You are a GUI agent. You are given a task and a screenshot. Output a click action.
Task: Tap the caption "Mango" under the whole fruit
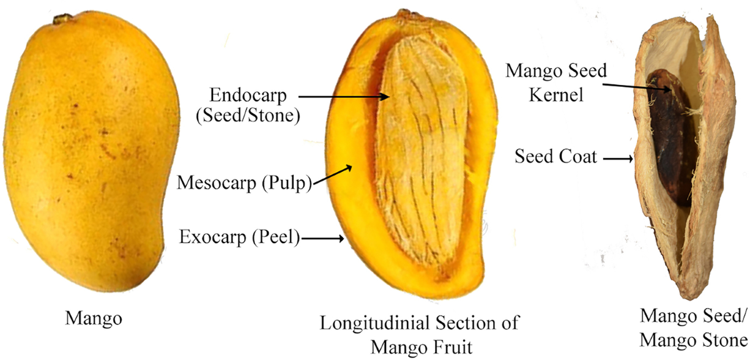pos(94,319)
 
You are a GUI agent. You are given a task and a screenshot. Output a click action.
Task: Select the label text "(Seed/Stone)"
pos(247,116)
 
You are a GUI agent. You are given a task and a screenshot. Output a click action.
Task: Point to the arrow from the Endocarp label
pos(344,96)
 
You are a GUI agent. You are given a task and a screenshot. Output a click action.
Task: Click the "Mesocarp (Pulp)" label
pos(244,183)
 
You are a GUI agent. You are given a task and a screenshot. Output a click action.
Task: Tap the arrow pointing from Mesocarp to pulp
pos(332,173)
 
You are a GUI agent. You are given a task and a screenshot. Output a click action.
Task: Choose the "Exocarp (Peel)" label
pos(239,237)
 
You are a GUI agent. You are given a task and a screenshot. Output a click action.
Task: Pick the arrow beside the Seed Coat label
pos(619,159)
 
